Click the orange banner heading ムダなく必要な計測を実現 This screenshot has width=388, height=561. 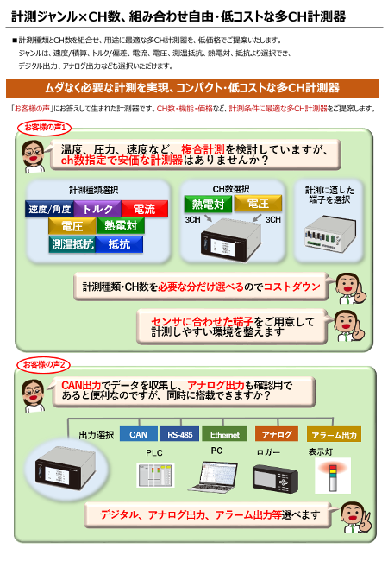pyautogui.click(x=193, y=88)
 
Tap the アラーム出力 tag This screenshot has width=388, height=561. pyautogui.click(x=333, y=435)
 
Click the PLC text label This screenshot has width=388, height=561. pyautogui.click(x=153, y=452)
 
